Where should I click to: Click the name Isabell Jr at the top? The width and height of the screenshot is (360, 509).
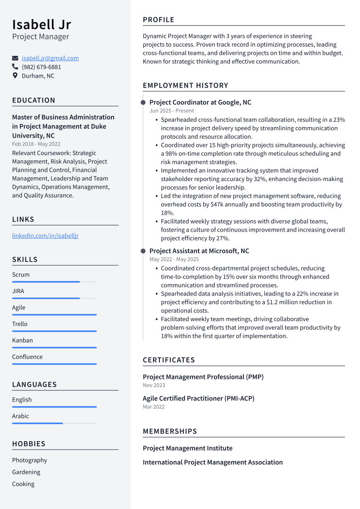point(41,24)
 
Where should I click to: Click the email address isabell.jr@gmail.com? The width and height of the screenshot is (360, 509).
point(50,58)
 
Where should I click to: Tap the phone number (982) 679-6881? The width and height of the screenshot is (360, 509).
point(41,67)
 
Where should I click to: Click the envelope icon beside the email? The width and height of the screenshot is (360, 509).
point(15,58)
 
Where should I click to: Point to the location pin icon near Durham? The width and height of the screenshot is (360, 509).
point(15,76)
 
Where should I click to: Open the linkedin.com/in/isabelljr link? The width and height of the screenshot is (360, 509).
point(45,235)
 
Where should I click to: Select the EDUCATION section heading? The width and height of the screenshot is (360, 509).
point(34,100)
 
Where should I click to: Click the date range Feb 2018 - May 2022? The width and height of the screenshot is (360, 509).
point(36,144)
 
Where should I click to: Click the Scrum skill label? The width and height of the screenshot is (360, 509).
point(21,274)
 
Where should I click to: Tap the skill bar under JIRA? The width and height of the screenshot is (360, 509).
point(46,298)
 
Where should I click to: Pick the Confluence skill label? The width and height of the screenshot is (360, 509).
point(27,356)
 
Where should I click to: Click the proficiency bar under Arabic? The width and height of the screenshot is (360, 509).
point(38,423)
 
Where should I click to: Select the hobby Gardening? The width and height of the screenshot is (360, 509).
point(26,472)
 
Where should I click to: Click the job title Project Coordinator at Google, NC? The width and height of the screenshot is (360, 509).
point(200,102)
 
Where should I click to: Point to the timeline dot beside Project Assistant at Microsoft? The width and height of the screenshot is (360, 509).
point(143,251)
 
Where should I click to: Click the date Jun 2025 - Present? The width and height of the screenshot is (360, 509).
point(172,111)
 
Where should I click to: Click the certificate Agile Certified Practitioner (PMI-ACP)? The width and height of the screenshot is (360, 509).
point(198,398)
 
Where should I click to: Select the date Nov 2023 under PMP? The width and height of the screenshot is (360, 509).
point(154,385)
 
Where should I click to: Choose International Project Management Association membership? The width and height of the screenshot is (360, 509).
point(213,462)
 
